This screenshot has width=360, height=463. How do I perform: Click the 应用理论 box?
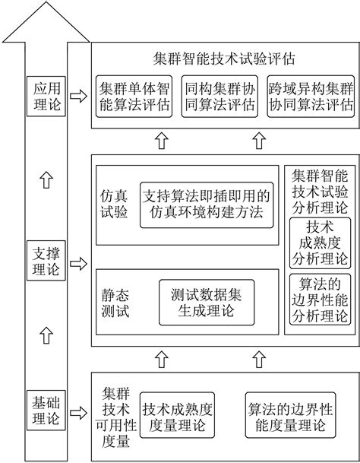pyautogui.click(x=46, y=97)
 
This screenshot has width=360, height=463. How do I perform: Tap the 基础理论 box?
pyautogui.click(x=46, y=408)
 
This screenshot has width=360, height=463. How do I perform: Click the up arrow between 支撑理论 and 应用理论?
pyautogui.click(x=46, y=179)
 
